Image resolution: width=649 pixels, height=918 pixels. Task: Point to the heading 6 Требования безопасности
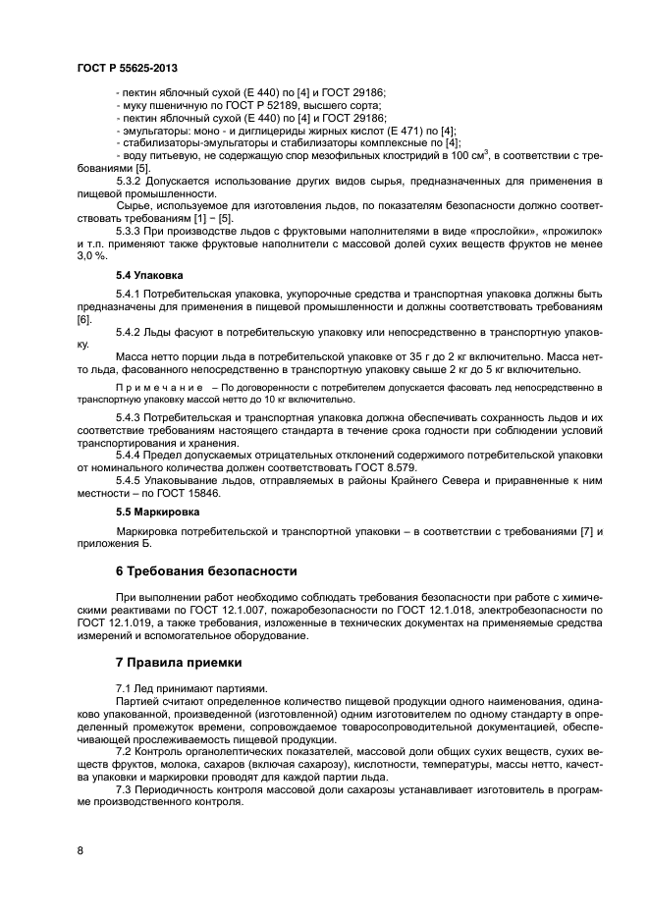pyautogui.click(x=206, y=570)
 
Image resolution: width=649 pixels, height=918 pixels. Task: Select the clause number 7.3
pyautogui.click(x=125, y=789)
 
